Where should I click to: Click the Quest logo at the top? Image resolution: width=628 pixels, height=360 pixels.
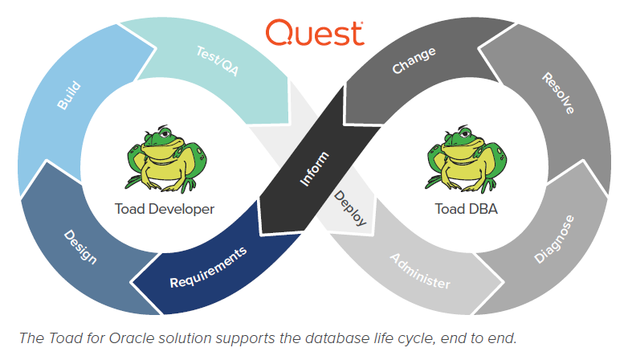coord(314,34)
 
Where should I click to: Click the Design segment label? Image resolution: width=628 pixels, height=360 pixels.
coord(80,248)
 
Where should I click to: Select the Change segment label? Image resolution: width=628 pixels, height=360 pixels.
coord(414,61)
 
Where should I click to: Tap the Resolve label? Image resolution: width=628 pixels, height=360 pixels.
coord(557,92)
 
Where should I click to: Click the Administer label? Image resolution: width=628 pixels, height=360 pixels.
coord(420,271)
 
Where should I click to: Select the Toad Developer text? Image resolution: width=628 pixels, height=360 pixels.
coord(165,209)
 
